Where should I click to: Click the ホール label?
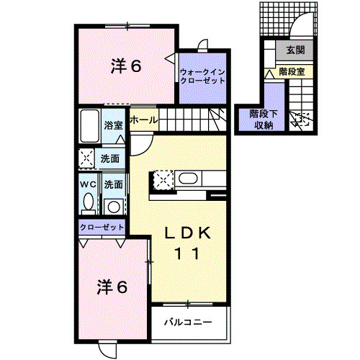pos(144,120)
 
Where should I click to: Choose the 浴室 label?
pos(112,125)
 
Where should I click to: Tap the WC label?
pos(87,184)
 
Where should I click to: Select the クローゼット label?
pos(102,227)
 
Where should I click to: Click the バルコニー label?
pos(186,321)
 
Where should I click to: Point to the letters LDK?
pos(189,233)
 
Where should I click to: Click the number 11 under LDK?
pos(189,253)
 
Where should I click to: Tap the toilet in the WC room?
pos(87,203)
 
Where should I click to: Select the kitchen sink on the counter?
pos(189,180)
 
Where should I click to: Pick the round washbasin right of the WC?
pos(113,206)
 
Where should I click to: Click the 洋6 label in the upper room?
pos(127,66)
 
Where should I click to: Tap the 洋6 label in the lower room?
pos(113,287)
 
